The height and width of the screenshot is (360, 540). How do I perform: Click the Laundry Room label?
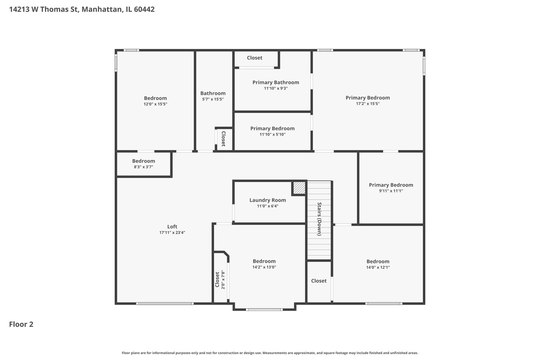click(x=268, y=200)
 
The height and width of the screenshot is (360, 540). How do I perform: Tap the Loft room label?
click(x=172, y=227)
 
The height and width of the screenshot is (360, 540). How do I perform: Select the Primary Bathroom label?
click(x=276, y=82)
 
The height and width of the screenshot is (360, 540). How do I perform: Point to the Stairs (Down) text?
click(x=319, y=219)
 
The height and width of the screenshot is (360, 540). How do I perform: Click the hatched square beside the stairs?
click(x=299, y=188)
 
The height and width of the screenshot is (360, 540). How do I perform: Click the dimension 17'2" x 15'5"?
click(x=368, y=104)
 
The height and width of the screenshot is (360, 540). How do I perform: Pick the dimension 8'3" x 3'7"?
click(x=143, y=167)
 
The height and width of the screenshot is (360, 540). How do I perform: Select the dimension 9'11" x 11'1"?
click(x=391, y=191)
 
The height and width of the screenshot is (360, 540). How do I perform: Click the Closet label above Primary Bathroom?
click(x=255, y=58)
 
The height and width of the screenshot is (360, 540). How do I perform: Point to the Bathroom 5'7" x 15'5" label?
click(x=213, y=93)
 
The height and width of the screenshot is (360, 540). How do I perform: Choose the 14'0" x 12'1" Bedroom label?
click(x=378, y=262)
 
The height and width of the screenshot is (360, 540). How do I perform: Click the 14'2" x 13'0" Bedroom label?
click(x=264, y=261)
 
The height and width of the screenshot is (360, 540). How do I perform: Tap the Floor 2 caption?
click(x=21, y=324)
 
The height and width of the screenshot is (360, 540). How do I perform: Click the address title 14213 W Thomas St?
click(x=82, y=9)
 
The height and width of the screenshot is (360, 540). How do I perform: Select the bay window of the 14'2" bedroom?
click(x=264, y=310)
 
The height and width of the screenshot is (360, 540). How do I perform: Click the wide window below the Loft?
click(x=165, y=303)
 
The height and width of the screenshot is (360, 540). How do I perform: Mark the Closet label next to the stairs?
click(x=319, y=281)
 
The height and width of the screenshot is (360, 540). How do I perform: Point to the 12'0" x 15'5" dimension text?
click(x=155, y=104)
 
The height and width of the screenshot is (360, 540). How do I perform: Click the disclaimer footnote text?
click(x=270, y=353)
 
